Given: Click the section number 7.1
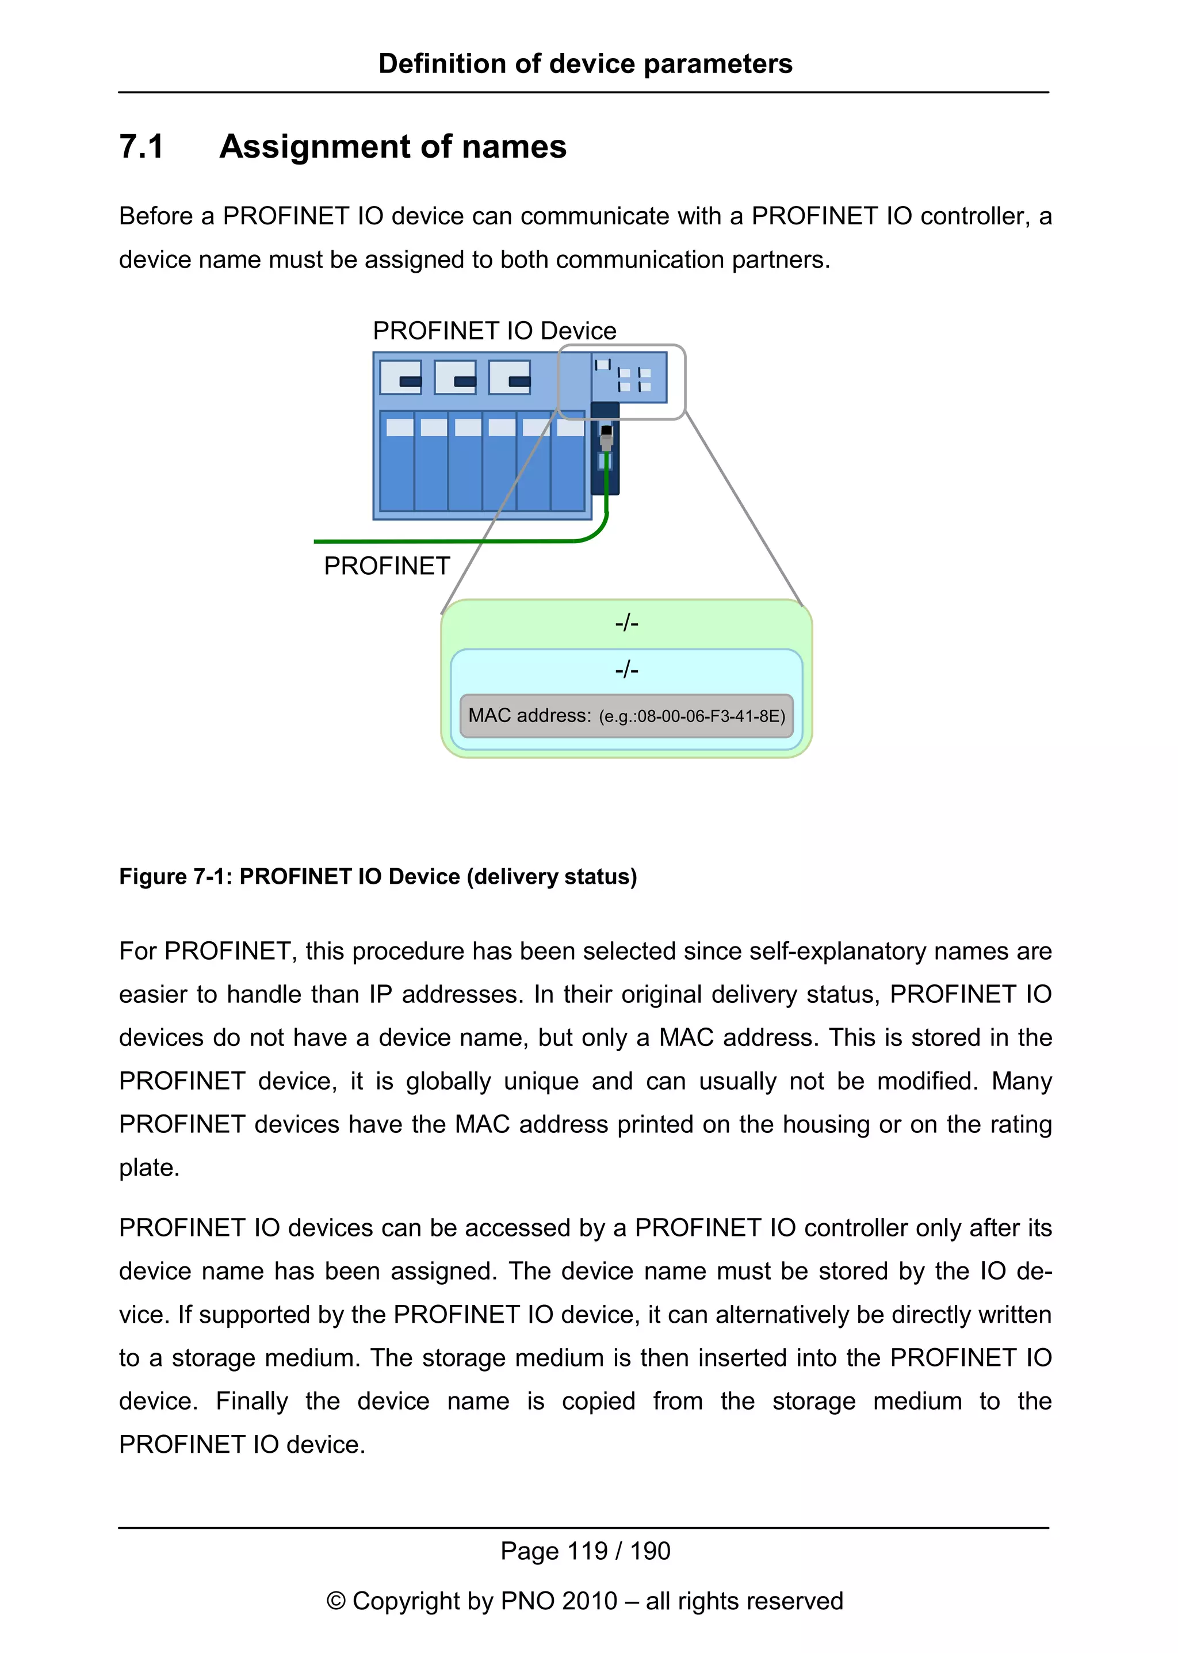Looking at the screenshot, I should tap(141, 147).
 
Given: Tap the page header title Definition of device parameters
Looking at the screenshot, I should tap(586, 64).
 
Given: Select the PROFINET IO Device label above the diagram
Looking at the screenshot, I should tap(494, 331).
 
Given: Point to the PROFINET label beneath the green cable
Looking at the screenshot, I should tap(387, 566).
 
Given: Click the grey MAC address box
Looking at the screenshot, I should tap(626, 716).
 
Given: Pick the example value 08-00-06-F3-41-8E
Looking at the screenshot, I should tap(701, 717).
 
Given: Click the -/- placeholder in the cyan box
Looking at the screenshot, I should tap(627, 669).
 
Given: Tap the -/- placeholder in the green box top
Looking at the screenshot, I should tap(627, 623).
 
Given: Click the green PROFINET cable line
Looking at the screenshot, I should tap(442, 541).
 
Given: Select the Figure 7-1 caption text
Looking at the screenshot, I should tap(378, 877).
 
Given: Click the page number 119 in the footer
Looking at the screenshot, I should tap(587, 1551).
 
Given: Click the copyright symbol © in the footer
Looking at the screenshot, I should tap(336, 1601).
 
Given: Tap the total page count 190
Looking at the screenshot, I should tap(650, 1551).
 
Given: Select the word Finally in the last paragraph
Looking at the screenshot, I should tap(252, 1401).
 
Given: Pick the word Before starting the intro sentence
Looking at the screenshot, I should tap(166, 216).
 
